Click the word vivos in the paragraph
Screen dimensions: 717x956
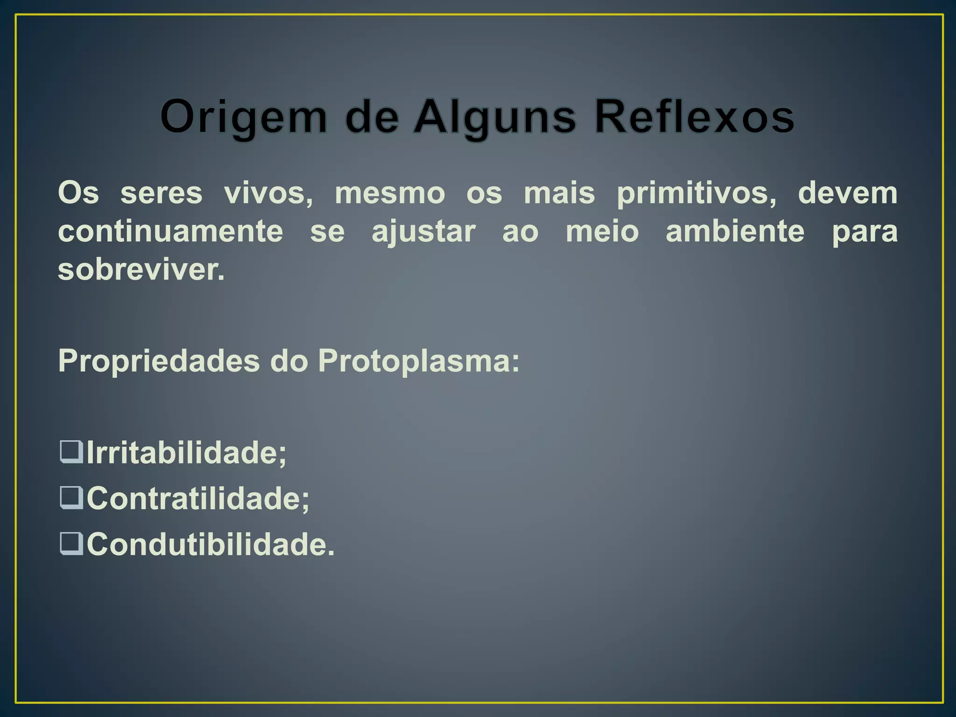[x=268, y=193]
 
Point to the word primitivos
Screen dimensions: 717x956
[x=696, y=194]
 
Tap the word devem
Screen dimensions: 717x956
[x=847, y=193]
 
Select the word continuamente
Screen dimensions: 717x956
[x=170, y=231]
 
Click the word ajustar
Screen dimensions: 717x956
[x=423, y=232]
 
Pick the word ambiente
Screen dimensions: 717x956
[x=735, y=231]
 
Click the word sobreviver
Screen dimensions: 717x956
[x=141, y=269]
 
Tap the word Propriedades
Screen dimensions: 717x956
[x=159, y=361]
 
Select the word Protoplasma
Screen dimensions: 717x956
[x=418, y=361]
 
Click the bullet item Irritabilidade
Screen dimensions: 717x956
[x=186, y=452]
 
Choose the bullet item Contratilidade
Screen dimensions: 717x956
[x=197, y=498]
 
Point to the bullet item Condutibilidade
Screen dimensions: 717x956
[x=210, y=544]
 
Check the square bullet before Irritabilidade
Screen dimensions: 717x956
[x=71, y=452]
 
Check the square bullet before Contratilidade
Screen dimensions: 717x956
[x=71, y=498]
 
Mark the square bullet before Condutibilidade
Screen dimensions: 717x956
[x=71, y=543]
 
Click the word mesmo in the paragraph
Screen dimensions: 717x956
[x=390, y=193]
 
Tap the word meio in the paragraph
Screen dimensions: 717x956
[x=602, y=231]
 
